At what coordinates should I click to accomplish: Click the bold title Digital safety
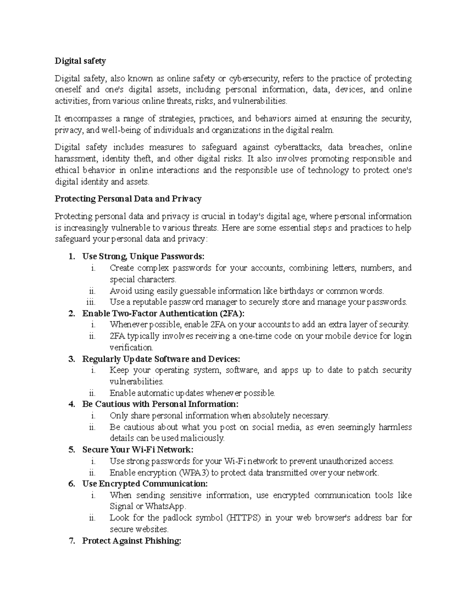pos(80,61)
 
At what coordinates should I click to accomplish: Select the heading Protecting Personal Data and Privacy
pos(128,199)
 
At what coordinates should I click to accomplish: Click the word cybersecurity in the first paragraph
pos(253,79)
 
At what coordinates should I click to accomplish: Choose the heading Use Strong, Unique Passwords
pos(143,256)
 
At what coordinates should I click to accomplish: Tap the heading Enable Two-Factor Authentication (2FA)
pos(164,313)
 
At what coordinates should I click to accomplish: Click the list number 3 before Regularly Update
pos(71,359)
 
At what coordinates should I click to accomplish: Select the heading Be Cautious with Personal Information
pos(160,404)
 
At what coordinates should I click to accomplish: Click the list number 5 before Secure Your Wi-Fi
pos(71,450)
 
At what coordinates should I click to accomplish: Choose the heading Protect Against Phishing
pos(132,541)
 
